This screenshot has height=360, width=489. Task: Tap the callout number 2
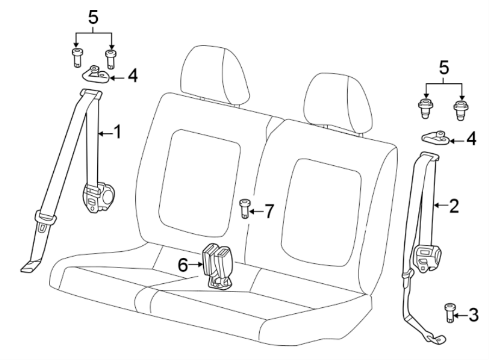454,205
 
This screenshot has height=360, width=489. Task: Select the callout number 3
474,314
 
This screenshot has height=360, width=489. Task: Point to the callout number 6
183,265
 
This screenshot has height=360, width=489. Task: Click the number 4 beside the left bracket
131,76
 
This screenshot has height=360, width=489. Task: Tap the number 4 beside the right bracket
471,140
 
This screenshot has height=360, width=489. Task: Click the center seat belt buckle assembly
217,265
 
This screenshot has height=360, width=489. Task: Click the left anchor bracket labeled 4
96,74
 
